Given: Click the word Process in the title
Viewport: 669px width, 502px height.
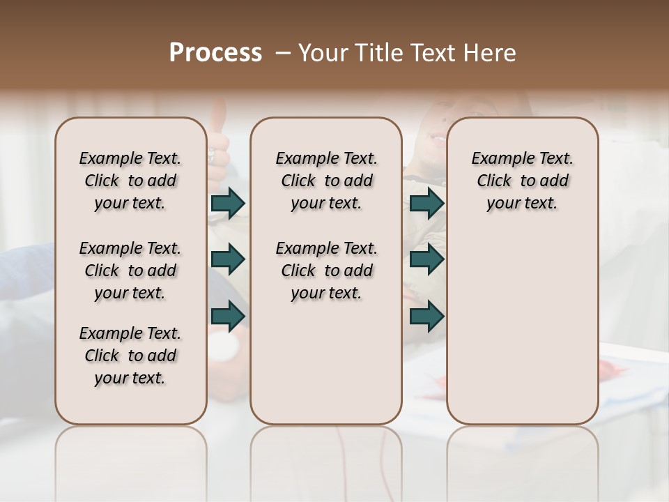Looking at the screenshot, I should [215, 53].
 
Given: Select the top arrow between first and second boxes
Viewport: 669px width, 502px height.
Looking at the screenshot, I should [228, 204].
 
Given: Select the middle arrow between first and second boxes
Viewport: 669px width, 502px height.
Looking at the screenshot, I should [228, 259].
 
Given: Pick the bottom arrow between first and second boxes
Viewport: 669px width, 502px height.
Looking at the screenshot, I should [228, 316].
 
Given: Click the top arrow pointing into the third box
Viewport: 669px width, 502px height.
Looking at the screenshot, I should [426, 204].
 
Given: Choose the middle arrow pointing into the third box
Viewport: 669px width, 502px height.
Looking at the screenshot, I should [426, 259].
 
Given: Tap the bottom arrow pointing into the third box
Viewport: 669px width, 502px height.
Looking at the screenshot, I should [426, 316].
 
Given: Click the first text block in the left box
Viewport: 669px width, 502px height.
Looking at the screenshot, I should [130, 181].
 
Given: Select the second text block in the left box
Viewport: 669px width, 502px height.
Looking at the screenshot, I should [130, 271].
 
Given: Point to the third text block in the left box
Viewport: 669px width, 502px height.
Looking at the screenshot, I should [130, 356].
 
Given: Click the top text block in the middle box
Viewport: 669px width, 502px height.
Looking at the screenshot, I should [326, 181].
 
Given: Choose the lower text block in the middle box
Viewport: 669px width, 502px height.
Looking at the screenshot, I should [326, 271].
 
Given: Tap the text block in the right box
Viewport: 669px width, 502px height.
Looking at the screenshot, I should [522, 181].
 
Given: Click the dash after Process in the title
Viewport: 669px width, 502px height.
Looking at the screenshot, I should [282, 53].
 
